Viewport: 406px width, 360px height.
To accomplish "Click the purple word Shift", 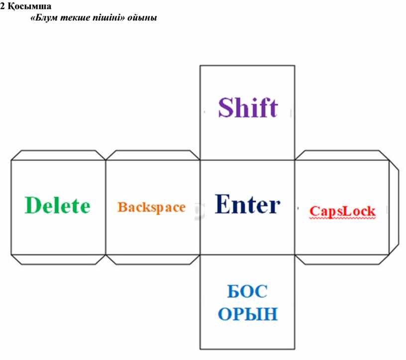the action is (x=248, y=107).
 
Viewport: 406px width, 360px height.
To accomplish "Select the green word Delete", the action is (x=58, y=205).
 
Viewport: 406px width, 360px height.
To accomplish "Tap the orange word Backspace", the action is (x=151, y=207).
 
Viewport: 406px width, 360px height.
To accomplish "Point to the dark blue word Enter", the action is (x=248, y=204).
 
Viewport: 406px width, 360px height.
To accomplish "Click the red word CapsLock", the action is (x=342, y=211).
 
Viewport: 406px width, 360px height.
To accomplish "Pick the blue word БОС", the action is (x=247, y=291).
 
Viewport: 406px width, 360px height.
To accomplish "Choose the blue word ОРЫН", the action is (x=248, y=314).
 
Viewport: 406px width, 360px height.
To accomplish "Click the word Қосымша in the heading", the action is (x=29, y=6).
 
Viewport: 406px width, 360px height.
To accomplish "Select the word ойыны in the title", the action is (x=142, y=18).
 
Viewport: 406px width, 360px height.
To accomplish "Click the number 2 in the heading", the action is (x=2, y=6).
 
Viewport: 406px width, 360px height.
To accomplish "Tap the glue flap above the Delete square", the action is (x=58, y=155).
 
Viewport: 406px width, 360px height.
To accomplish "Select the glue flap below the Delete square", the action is (x=58, y=259).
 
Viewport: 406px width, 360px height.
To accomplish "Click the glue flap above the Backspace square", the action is (x=153, y=155).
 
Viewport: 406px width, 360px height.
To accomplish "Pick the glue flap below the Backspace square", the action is (x=153, y=259).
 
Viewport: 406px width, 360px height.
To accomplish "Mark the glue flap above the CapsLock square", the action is (x=342, y=155).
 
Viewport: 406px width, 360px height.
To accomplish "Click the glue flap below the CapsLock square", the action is (x=342, y=259).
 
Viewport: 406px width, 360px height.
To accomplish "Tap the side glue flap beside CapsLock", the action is (x=394, y=207).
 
